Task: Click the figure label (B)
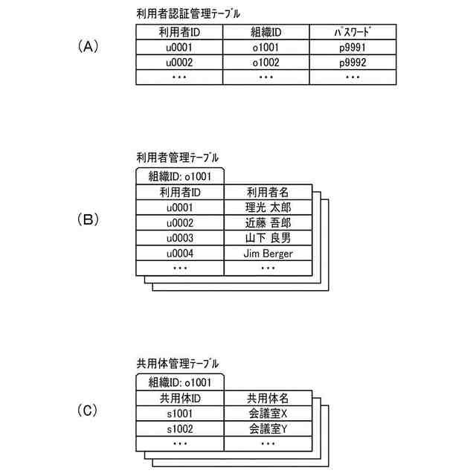click(x=88, y=220)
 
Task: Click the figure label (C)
click(x=88, y=411)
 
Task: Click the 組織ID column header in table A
click(x=265, y=32)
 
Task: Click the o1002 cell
click(x=265, y=62)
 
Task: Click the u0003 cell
click(x=180, y=238)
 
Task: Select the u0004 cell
click(x=180, y=254)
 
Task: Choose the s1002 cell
click(x=180, y=429)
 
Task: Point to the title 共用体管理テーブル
click(x=178, y=364)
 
